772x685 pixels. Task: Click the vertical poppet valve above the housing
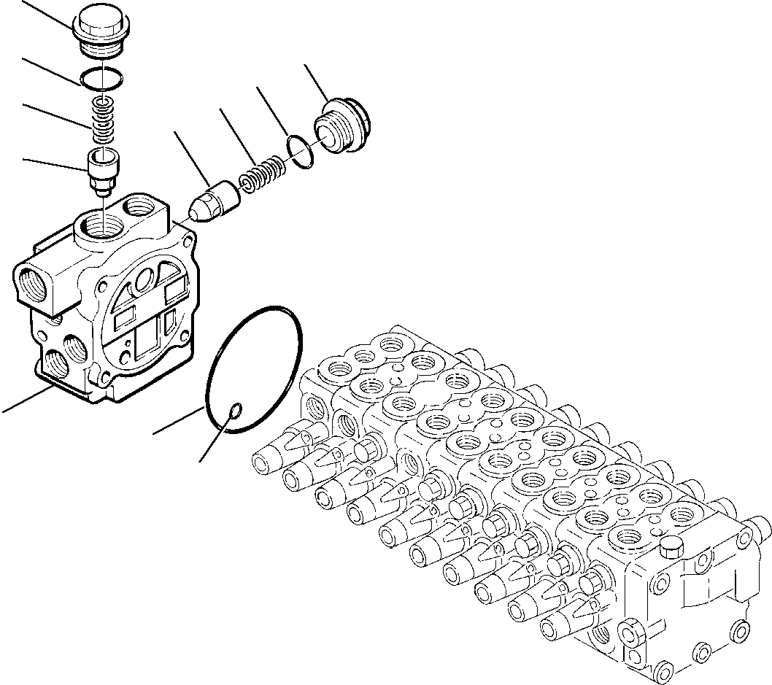tap(104, 169)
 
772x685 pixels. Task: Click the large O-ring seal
tap(254, 370)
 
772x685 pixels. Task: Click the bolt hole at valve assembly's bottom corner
tap(665, 670)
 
